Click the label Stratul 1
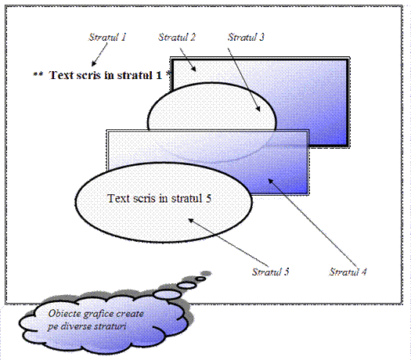[x=107, y=37]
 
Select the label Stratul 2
[x=177, y=37]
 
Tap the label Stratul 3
[x=246, y=37]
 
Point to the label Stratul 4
[x=348, y=272]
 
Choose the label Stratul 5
[x=270, y=272]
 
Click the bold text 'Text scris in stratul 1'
[x=105, y=75]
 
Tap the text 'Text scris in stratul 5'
[x=159, y=198]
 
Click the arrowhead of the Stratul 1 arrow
[x=93, y=63]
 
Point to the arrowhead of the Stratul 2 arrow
[x=194, y=69]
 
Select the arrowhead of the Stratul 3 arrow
[x=258, y=110]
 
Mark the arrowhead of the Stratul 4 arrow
[x=270, y=181]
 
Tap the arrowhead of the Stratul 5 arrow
[x=191, y=221]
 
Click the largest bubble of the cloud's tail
[x=168, y=294]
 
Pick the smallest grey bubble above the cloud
[x=206, y=274]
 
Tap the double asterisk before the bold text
[x=38, y=74]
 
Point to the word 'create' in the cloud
[x=130, y=314]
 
